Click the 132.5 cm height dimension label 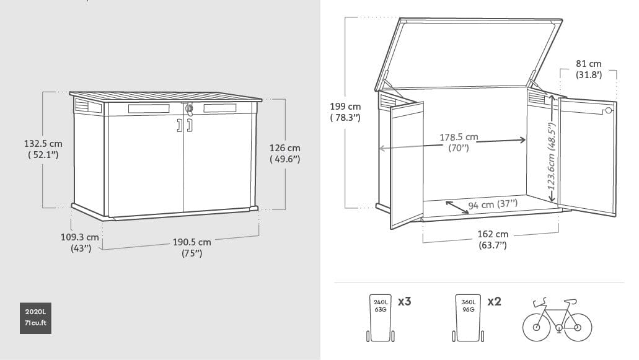click(x=43, y=149)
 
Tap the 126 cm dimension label click(x=285, y=154)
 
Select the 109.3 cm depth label click(x=84, y=243)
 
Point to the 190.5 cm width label click(x=192, y=247)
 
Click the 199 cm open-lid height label click(x=345, y=112)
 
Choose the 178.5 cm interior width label click(x=459, y=142)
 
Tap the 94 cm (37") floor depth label click(x=493, y=204)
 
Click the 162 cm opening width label click(x=493, y=239)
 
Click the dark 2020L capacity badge click(x=35, y=317)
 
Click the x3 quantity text click(x=405, y=302)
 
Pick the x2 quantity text click(x=494, y=302)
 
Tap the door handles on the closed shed click(x=184, y=126)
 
